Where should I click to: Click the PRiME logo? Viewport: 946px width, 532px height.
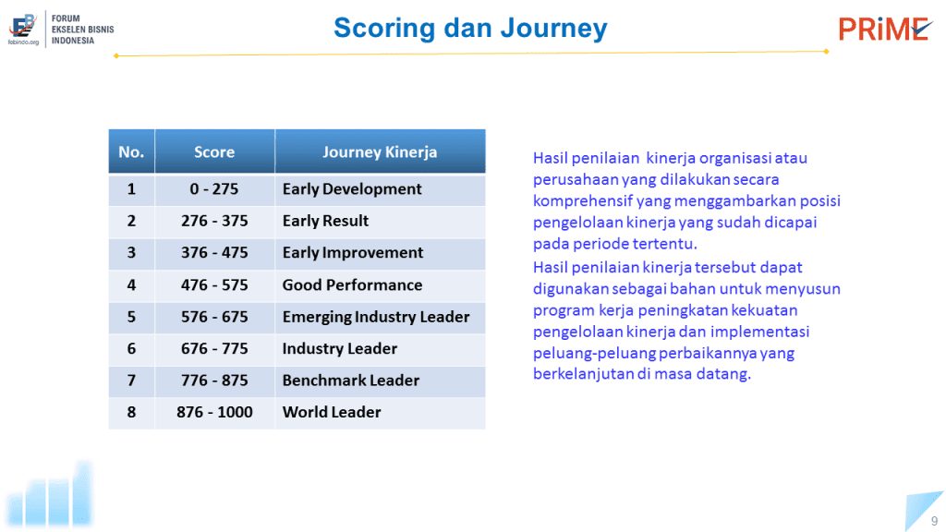(x=885, y=29)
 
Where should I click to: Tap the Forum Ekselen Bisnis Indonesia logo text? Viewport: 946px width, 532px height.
(x=82, y=30)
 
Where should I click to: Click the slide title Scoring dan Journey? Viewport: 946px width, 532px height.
(x=470, y=29)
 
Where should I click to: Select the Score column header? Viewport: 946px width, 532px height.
(x=214, y=152)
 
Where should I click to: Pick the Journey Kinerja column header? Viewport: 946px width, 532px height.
(x=380, y=152)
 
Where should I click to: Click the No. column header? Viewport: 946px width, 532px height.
(x=131, y=152)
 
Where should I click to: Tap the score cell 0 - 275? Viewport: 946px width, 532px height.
(x=214, y=189)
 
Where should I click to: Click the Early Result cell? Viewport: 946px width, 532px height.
(x=380, y=222)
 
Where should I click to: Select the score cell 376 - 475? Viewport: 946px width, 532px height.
(x=214, y=253)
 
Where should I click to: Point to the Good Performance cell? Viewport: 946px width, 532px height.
(x=380, y=285)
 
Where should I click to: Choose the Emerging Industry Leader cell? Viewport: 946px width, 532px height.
(x=380, y=318)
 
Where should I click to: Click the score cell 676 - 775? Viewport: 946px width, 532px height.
(x=214, y=349)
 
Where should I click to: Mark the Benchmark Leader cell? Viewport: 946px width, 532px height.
(x=380, y=381)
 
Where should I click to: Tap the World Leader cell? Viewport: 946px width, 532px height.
(x=380, y=413)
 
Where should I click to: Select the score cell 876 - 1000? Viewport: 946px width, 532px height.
(x=214, y=413)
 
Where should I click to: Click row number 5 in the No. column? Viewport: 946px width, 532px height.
(x=131, y=318)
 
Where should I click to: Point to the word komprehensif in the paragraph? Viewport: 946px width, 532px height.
(x=582, y=200)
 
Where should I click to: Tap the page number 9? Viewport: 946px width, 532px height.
(x=935, y=521)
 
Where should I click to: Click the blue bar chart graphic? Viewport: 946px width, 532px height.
(x=50, y=495)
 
